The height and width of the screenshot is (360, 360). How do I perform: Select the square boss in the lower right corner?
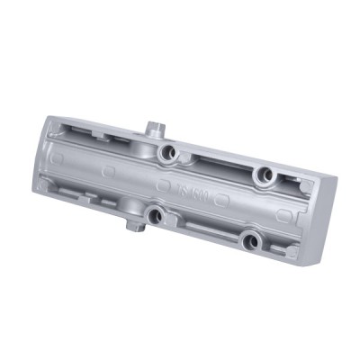coord(290,253)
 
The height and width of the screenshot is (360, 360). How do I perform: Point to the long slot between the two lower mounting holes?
coord(203,229)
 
